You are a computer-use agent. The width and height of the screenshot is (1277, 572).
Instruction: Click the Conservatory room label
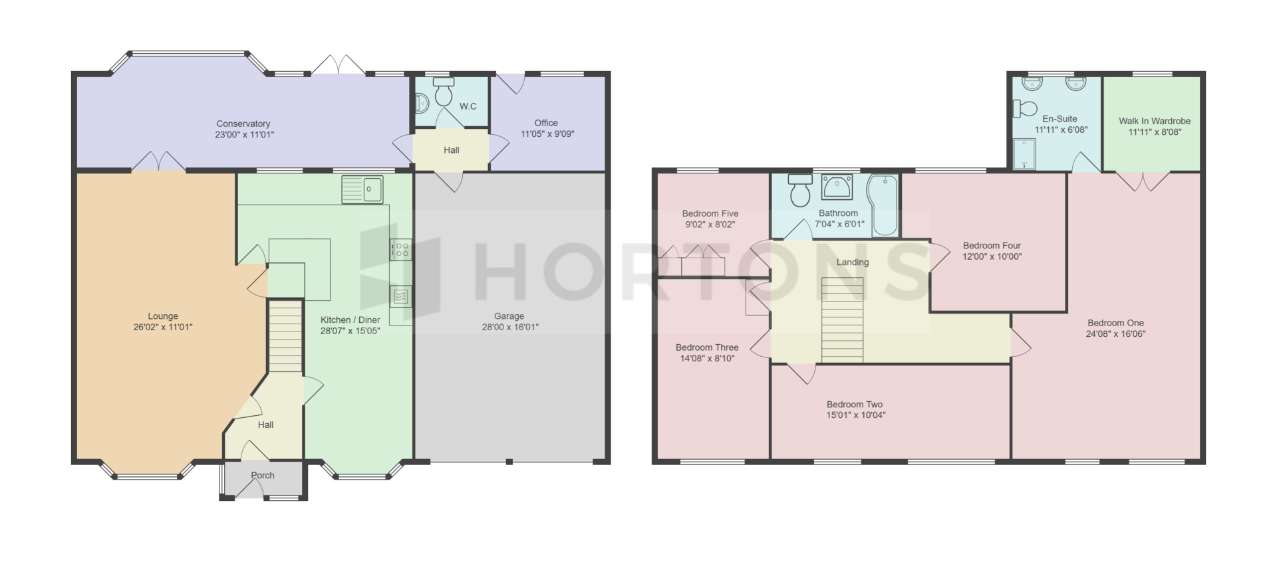pos(243,124)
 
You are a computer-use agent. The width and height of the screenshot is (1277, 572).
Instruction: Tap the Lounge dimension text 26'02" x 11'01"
pos(163,327)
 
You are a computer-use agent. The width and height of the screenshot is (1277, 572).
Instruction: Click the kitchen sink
pos(362,190)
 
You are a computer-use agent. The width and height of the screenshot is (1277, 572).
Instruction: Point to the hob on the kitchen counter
pos(401,250)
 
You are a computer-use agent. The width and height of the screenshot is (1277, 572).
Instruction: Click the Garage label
pos(509,316)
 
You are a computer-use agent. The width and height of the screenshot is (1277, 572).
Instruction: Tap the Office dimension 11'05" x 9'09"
pos(547,134)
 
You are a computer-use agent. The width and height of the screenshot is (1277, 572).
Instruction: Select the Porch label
pos(263,476)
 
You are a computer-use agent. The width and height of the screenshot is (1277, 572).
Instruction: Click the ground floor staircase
pos(285,336)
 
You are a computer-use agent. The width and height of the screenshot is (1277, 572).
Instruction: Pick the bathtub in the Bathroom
pos(883,205)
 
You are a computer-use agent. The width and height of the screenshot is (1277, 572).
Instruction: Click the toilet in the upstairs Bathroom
pos(799,191)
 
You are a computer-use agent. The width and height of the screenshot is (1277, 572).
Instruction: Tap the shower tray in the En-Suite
pos(1025,154)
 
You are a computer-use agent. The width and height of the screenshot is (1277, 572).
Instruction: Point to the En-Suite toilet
pos(1026,108)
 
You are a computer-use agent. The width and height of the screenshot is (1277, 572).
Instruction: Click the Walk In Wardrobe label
pos(1155,121)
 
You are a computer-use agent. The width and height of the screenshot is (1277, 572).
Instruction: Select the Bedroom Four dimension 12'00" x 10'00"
pos(992,256)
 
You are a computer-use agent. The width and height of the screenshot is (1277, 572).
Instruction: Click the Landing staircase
pos(843,320)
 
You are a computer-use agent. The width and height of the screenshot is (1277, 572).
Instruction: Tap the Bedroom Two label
pos(855,404)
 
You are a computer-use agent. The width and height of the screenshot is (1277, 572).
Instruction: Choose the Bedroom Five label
pos(710,213)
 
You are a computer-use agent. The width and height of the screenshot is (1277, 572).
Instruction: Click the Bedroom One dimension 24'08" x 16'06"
pos(1116,334)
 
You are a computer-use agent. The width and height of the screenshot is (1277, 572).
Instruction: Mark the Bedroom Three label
pos(707,347)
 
